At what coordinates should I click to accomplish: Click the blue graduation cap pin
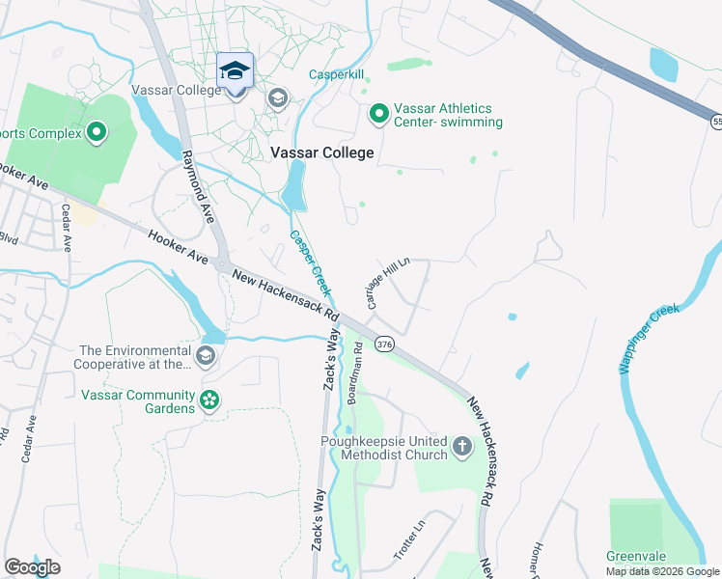click(234, 70)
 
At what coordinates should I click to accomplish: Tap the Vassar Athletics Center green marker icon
click(378, 115)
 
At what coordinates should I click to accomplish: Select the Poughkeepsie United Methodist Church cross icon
click(461, 447)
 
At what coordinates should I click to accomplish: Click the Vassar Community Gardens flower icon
click(208, 400)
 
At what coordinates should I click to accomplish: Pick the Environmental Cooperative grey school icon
click(205, 357)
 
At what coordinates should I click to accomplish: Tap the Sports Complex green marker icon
click(96, 133)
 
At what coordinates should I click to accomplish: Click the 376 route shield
click(385, 345)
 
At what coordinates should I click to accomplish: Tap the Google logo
click(32, 567)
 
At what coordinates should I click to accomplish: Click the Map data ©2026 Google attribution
click(661, 571)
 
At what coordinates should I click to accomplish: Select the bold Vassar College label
click(321, 152)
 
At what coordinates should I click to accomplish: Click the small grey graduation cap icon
click(278, 98)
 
